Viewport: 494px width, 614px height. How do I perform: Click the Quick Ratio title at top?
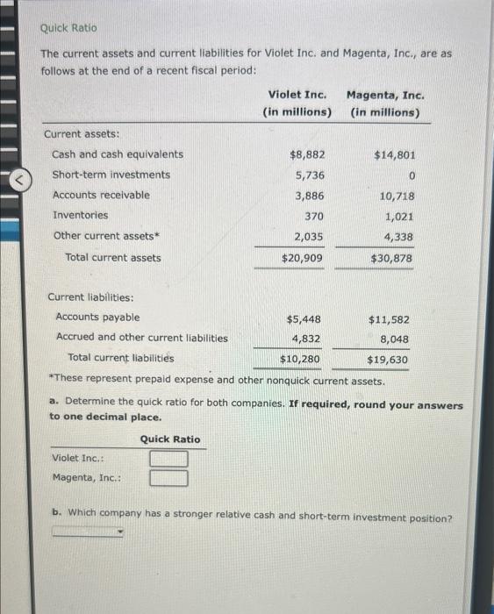tap(68, 28)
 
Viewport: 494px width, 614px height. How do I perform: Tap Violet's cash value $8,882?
tap(306, 154)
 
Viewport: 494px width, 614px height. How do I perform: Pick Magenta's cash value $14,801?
tap(394, 154)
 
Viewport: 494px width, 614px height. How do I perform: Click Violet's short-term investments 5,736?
tap(309, 175)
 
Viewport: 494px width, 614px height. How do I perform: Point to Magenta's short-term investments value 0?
tap(410, 175)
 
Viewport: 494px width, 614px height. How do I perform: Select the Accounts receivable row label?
tap(101, 195)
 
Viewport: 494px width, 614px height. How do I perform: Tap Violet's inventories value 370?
tap(314, 216)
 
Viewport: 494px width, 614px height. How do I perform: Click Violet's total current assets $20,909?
tap(302, 258)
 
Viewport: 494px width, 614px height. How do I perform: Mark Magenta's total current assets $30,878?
tap(391, 259)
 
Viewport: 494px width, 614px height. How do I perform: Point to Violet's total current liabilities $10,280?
tap(300, 360)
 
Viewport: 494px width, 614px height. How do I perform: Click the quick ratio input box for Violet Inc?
tap(168, 459)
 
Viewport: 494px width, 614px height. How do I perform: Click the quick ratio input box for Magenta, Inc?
tap(168, 478)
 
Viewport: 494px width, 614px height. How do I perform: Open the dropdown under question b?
tap(88, 532)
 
